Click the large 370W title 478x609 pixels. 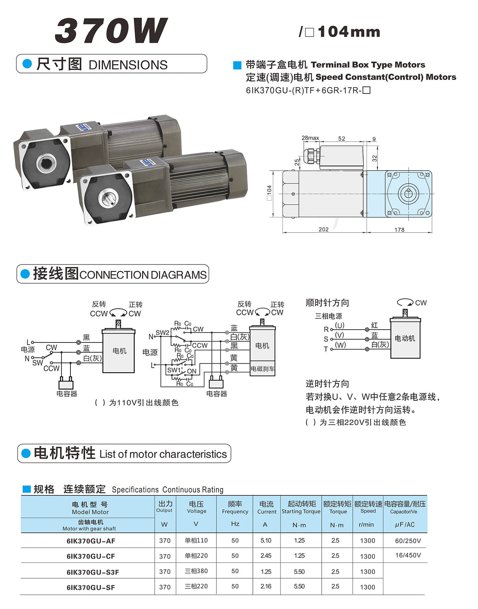click(111, 31)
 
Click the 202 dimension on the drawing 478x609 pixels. click(323, 229)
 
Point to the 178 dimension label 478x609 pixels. click(399, 230)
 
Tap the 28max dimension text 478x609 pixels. click(310, 138)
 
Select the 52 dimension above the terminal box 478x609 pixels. click(341, 138)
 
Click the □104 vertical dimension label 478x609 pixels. click(269, 193)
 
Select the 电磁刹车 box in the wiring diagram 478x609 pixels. click(262, 369)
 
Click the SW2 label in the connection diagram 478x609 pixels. click(163, 332)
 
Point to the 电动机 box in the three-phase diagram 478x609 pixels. click(405, 338)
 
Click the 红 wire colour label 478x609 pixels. click(374, 325)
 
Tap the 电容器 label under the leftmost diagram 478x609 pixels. click(67, 393)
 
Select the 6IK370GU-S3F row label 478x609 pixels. click(92, 572)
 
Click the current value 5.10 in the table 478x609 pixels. click(266, 540)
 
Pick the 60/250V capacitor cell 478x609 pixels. click(408, 541)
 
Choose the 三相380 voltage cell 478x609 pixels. click(196, 571)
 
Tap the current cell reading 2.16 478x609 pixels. click(266, 586)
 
